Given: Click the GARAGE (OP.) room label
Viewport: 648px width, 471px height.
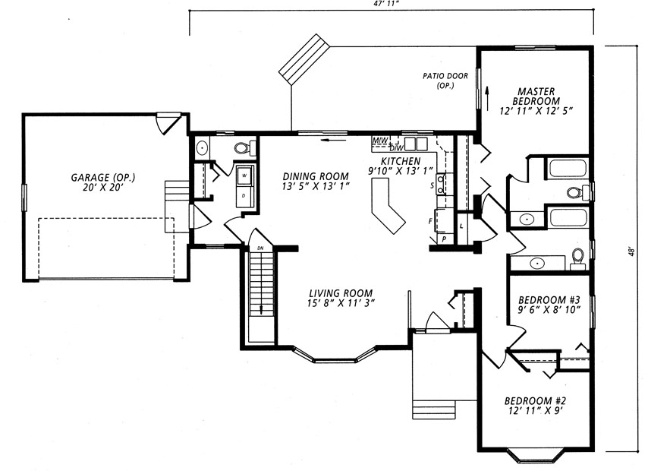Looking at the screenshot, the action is (103, 178).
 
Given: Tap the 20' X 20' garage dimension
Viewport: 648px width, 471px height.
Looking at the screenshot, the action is (103, 188).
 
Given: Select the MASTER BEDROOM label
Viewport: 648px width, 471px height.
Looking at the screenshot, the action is (536, 96).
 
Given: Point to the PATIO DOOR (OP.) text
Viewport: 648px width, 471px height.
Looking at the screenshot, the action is (445, 81).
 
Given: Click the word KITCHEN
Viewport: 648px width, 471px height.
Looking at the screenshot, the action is (401, 161).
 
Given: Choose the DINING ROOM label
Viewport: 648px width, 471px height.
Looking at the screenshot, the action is (316, 177).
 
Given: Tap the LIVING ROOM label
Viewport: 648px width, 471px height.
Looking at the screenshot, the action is (341, 293).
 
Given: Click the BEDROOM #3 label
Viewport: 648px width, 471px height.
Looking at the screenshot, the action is (549, 299).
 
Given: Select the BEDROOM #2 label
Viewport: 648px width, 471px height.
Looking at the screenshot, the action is (535, 400).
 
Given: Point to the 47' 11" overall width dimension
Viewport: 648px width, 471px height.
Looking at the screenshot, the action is (385, 2).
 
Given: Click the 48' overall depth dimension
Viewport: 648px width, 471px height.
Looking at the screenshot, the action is (631, 252).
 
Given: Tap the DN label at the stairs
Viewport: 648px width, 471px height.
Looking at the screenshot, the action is (260, 248).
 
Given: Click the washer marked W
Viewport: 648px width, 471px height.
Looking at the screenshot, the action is (244, 175).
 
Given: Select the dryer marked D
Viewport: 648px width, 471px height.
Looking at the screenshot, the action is (244, 195).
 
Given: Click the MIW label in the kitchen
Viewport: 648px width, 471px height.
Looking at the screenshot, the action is (380, 141).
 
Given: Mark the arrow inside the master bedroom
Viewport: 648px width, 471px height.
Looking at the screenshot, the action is (487, 95).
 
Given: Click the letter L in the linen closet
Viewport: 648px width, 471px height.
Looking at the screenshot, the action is (461, 226).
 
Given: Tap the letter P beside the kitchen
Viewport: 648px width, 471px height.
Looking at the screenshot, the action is (444, 239).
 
